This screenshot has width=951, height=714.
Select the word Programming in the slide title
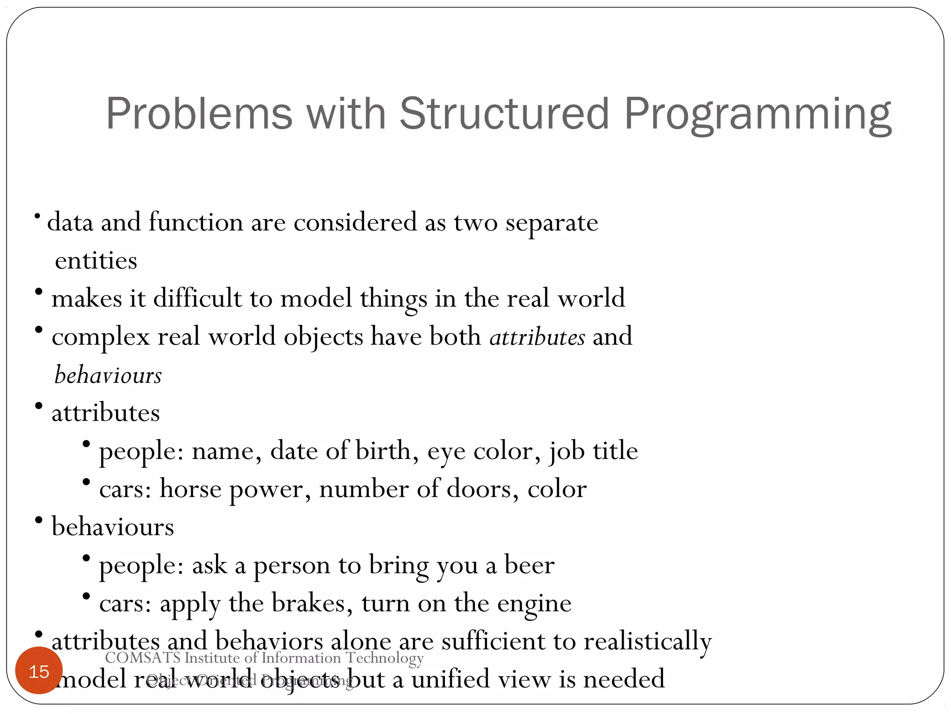(757, 114)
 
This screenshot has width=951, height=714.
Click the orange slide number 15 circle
(39, 670)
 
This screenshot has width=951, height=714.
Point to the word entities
(96, 260)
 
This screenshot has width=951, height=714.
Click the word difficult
(197, 297)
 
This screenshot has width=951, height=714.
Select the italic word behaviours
(108, 375)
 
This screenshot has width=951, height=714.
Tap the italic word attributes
(537, 337)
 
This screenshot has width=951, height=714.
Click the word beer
(529, 565)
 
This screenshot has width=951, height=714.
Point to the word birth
(383, 451)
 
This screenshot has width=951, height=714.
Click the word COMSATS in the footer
(143, 658)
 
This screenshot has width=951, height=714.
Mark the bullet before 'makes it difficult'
(39, 292)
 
